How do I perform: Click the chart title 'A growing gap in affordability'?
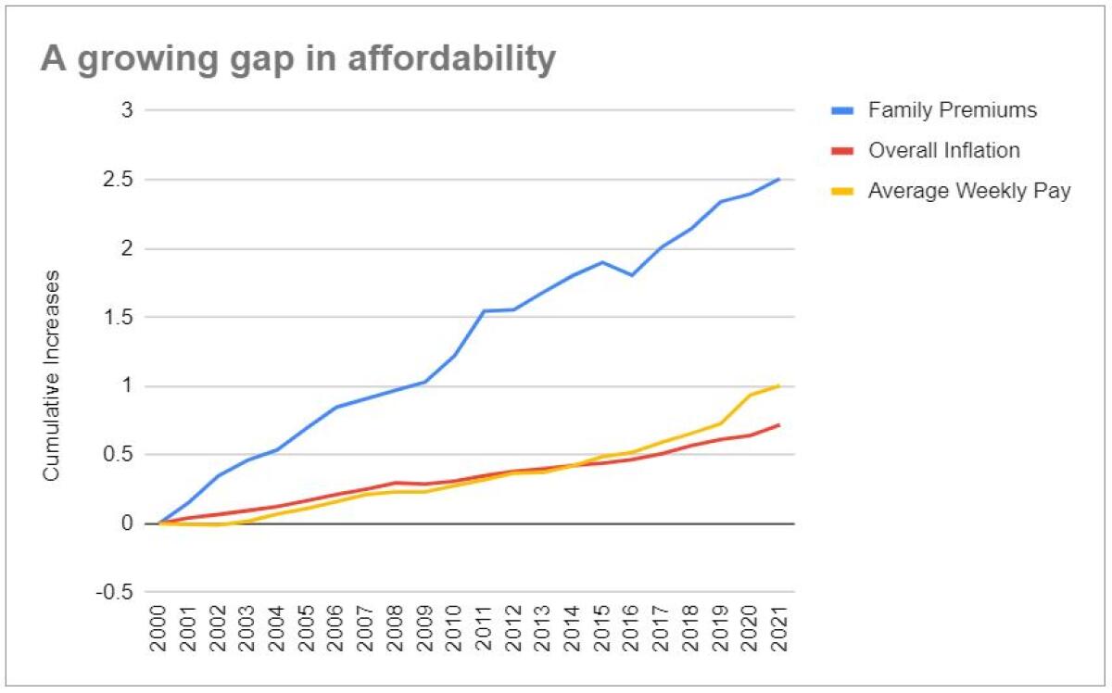click(297, 59)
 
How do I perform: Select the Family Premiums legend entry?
click(952, 111)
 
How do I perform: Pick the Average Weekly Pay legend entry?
click(969, 192)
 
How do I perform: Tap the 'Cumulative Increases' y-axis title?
click(53, 374)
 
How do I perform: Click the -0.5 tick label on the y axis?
click(115, 592)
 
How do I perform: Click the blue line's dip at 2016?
click(631, 275)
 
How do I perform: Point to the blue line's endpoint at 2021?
click(778, 179)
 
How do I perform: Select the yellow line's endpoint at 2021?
click(778, 385)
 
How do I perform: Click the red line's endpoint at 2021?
click(778, 425)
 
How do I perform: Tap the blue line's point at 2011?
click(484, 311)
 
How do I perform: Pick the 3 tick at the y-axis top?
click(128, 111)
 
